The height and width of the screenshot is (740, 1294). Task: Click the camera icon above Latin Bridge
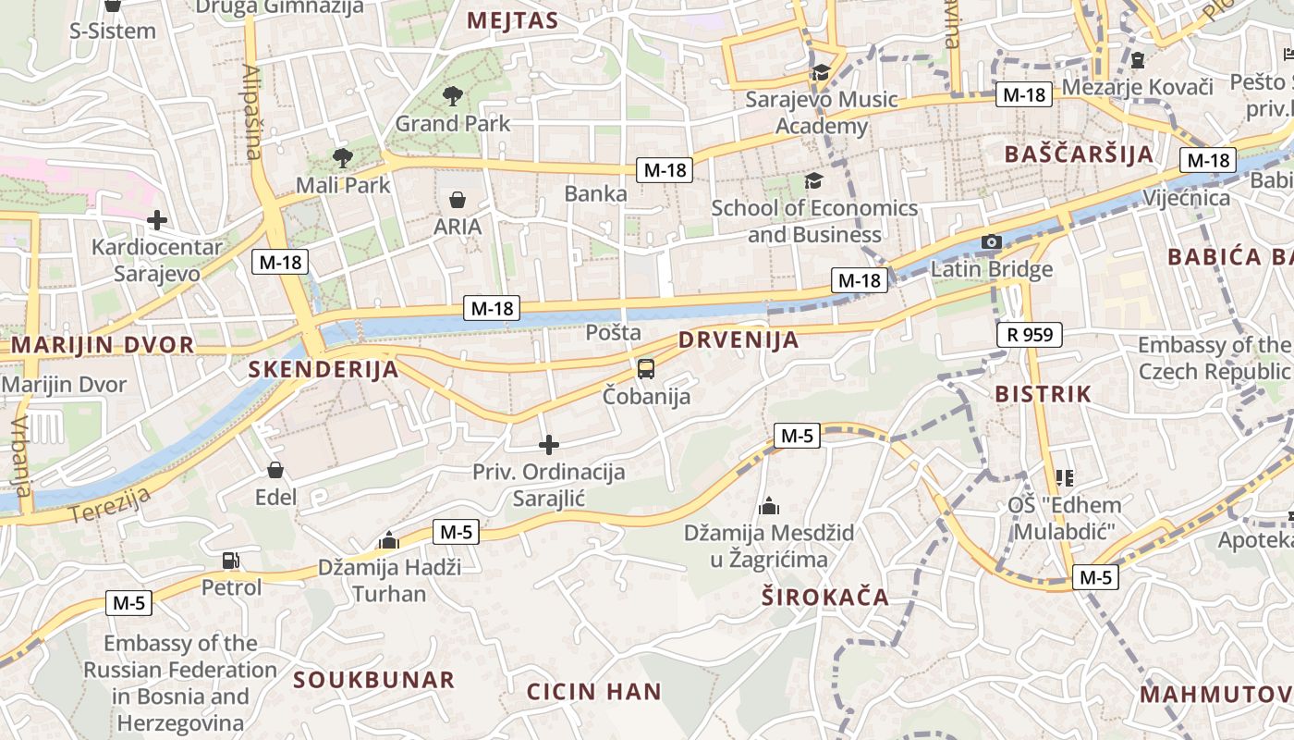point(991,242)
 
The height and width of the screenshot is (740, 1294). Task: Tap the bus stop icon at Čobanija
point(646,369)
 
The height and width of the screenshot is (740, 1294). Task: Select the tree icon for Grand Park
point(453,95)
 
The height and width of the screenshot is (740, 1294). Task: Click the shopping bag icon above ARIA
point(457,199)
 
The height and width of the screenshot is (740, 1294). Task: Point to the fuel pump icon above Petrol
point(230,560)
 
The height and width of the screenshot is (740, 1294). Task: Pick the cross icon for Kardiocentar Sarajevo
point(157,220)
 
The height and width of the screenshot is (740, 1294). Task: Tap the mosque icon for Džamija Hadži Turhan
point(389,540)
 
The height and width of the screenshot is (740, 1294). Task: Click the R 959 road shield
point(1030,334)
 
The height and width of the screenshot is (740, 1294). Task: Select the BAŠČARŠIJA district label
point(1079,154)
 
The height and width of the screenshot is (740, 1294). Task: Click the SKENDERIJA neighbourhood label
point(323,370)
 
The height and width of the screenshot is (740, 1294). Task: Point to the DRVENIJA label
point(739,339)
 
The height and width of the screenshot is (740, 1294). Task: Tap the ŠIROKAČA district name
point(825,597)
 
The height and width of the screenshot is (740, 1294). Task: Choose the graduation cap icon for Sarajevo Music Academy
point(820,73)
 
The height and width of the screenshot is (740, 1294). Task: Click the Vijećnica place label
point(1186,198)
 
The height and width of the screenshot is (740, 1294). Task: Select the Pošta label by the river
point(613,332)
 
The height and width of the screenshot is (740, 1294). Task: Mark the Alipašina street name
point(252,111)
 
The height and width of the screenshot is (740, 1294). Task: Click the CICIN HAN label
point(593,691)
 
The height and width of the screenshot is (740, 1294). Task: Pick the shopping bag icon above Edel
point(275,470)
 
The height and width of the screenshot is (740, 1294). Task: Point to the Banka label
point(595,193)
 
